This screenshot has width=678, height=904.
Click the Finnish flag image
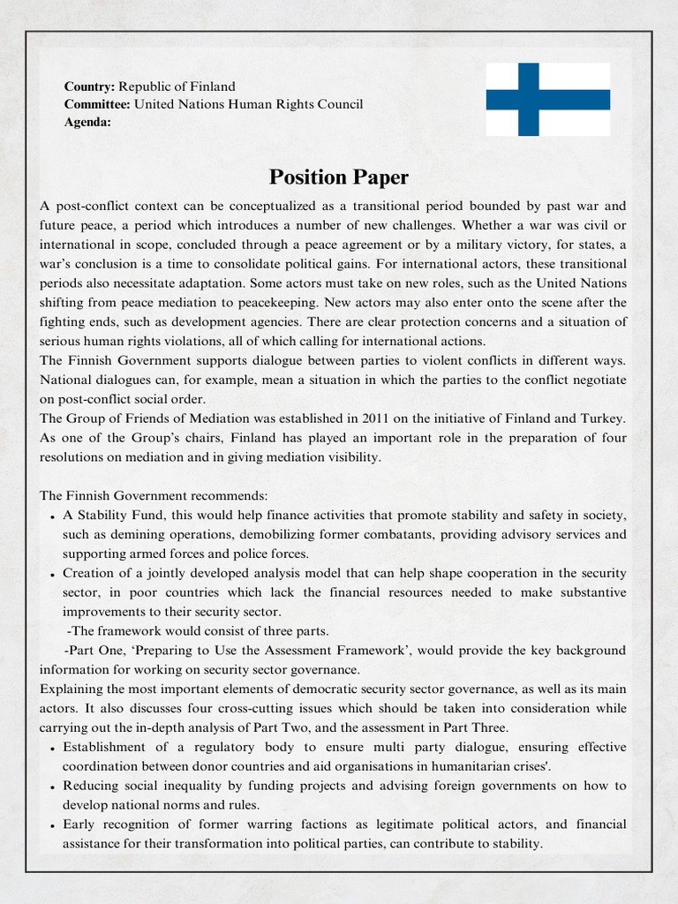point(547,99)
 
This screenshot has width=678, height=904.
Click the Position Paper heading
point(339,177)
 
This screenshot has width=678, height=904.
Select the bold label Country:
point(89,87)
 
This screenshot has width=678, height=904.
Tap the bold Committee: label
point(97,104)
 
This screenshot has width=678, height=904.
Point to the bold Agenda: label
point(87,122)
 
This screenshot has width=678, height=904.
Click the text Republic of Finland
point(177,87)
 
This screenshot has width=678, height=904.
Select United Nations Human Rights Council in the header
point(249,104)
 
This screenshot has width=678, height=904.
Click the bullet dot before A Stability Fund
point(53,516)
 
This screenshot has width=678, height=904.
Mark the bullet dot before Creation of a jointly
point(53,575)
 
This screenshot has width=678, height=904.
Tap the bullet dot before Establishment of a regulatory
point(53,749)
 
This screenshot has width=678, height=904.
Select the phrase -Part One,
point(103,650)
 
